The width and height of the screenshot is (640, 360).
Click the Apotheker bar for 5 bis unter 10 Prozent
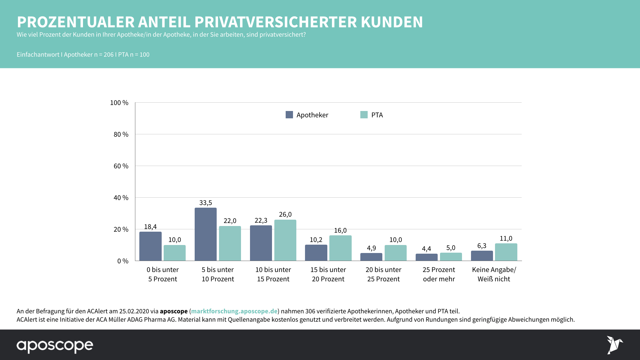(x=206, y=234)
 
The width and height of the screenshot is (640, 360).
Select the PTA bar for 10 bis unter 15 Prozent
(x=285, y=240)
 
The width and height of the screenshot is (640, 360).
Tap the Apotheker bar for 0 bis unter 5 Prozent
(x=150, y=246)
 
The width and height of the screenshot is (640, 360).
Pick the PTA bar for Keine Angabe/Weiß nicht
(x=506, y=252)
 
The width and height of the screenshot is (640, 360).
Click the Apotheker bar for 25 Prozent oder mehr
(x=426, y=257)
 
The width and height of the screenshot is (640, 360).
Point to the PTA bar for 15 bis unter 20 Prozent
(x=340, y=248)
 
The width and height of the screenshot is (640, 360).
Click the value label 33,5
(x=206, y=203)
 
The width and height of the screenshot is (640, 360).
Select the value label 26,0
(x=285, y=214)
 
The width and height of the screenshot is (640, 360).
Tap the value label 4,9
(x=371, y=248)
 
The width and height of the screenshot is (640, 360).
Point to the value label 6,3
(x=482, y=246)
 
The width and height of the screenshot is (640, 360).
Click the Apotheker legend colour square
(x=289, y=115)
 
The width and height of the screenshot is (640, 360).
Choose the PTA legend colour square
(x=364, y=115)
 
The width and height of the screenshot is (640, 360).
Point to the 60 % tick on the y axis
(x=121, y=166)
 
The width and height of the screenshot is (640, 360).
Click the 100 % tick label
(x=119, y=103)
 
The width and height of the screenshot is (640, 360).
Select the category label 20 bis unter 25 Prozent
(x=383, y=274)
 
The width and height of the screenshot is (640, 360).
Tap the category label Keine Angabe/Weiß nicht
(x=494, y=274)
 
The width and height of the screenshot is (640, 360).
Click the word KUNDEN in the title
(x=392, y=22)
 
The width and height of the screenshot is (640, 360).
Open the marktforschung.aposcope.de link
(x=234, y=311)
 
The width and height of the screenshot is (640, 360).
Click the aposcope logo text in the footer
(x=55, y=346)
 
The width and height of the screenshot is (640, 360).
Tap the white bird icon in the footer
(x=614, y=345)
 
